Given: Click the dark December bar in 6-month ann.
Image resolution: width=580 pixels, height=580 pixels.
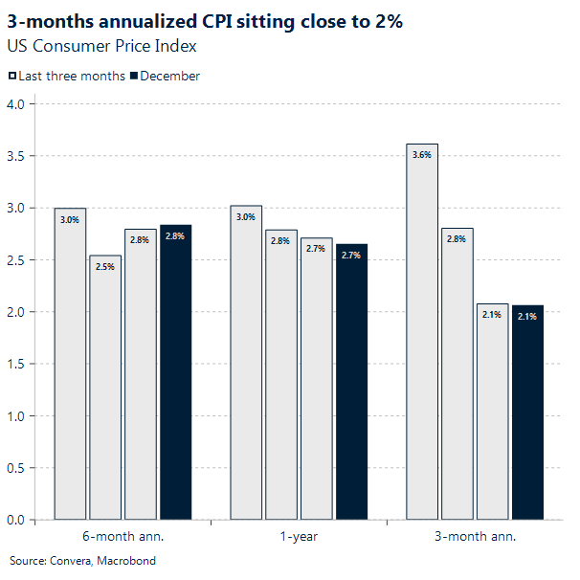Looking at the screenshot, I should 175,373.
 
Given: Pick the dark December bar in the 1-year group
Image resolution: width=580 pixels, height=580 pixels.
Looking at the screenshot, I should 351,383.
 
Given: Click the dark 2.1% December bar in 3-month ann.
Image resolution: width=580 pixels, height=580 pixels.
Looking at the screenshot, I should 527,413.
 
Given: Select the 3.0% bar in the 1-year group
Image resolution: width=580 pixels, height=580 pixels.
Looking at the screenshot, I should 246,364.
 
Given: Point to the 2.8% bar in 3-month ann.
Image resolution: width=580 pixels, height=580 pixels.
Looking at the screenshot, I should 457,374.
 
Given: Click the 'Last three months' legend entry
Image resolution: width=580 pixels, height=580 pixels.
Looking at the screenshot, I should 67,76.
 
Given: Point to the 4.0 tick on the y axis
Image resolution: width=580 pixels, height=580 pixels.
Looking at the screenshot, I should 15,104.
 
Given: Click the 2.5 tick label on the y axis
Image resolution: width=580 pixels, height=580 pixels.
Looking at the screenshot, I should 15,260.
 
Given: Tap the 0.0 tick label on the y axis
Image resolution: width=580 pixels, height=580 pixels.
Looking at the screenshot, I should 15,521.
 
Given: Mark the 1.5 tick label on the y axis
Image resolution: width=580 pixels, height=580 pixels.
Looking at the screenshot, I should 15,365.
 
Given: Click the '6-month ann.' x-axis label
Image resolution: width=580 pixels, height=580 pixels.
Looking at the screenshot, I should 123,537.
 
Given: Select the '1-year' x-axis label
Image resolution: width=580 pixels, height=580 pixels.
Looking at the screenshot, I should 299,537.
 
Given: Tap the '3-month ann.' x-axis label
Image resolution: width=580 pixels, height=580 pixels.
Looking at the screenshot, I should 475,537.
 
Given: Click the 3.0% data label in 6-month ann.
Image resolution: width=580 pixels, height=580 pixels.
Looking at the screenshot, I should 70,220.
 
